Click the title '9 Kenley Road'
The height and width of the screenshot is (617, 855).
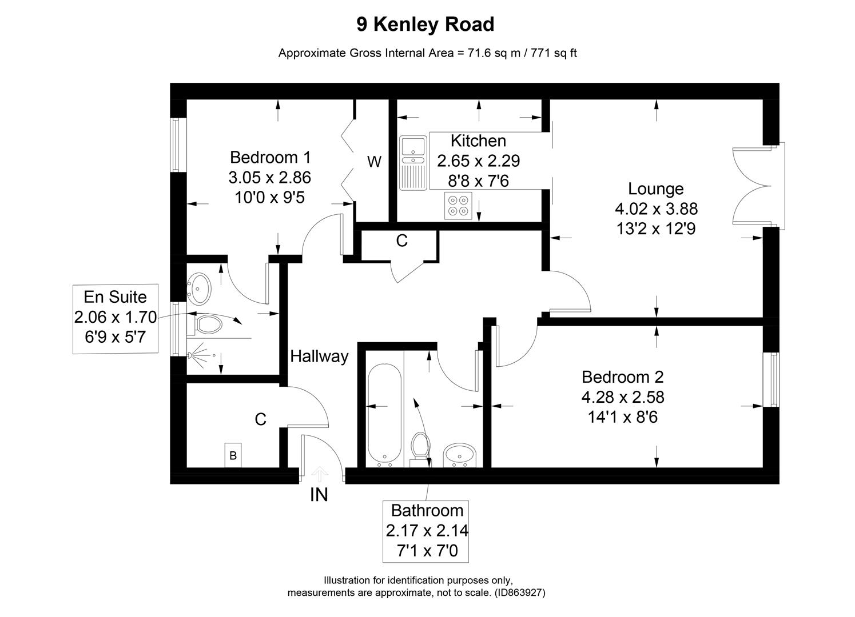click(x=425, y=25)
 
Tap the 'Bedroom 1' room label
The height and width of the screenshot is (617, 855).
click(x=270, y=157)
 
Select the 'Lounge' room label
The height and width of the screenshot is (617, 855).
click(x=655, y=189)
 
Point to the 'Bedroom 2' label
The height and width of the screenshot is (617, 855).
click(x=622, y=377)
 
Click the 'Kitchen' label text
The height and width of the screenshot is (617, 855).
click(x=478, y=141)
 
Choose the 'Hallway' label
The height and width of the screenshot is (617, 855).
click(x=319, y=356)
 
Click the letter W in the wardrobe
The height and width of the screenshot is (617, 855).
click(x=374, y=162)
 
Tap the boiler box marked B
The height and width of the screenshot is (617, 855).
click(x=233, y=455)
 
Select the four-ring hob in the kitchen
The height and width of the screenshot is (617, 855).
click(x=458, y=206)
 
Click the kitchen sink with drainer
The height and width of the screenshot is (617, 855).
click(x=413, y=163)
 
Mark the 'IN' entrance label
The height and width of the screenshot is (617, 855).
click(x=319, y=495)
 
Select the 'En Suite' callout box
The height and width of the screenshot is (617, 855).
click(x=115, y=317)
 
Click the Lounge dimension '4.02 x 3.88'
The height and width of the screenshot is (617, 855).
click(x=655, y=209)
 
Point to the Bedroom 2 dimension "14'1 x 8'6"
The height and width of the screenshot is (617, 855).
click(x=622, y=418)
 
